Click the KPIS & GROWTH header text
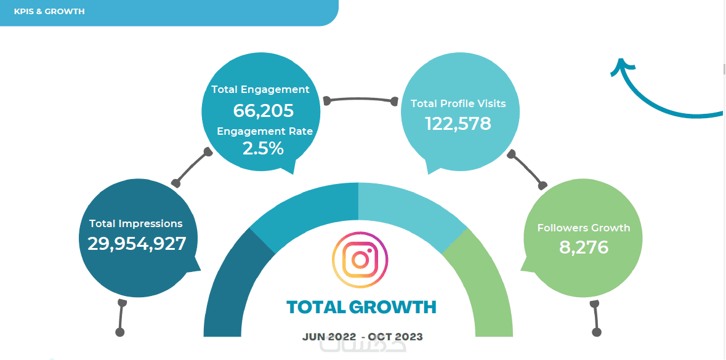pyautogui.click(x=49, y=12)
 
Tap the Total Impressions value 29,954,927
pyautogui.click(x=137, y=244)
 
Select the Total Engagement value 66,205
pyautogui.click(x=263, y=111)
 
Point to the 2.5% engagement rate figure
pyautogui.click(x=263, y=148)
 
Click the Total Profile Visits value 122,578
pyautogui.click(x=458, y=124)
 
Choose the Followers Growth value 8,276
pyautogui.click(x=584, y=247)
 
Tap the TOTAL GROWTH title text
pyautogui.click(x=361, y=306)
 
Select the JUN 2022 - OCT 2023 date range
pyautogui.click(x=363, y=337)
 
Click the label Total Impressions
pyautogui.click(x=136, y=223)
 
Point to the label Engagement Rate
pyautogui.click(x=265, y=131)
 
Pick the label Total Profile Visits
pyautogui.click(x=458, y=103)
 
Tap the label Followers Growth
pyautogui.click(x=584, y=228)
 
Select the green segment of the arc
pyautogui.click(x=486, y=283)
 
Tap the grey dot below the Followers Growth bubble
pyautogui.click(x=596, y=332)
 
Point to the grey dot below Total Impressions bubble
pyautogui.click(x=120, y=332)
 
